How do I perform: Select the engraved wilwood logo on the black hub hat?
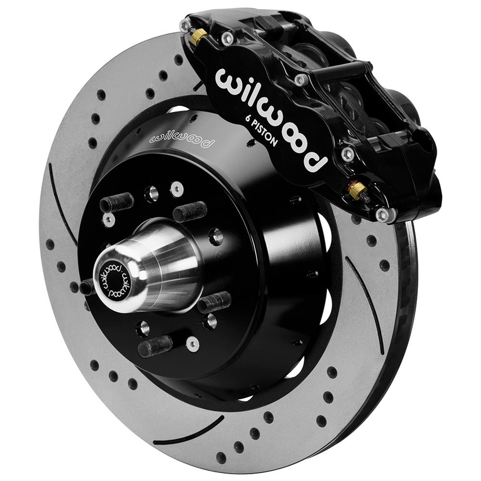(181, 137)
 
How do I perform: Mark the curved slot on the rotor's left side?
(61, 202)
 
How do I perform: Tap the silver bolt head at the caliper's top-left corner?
(185, 25)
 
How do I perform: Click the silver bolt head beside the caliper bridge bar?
(301, 79)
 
